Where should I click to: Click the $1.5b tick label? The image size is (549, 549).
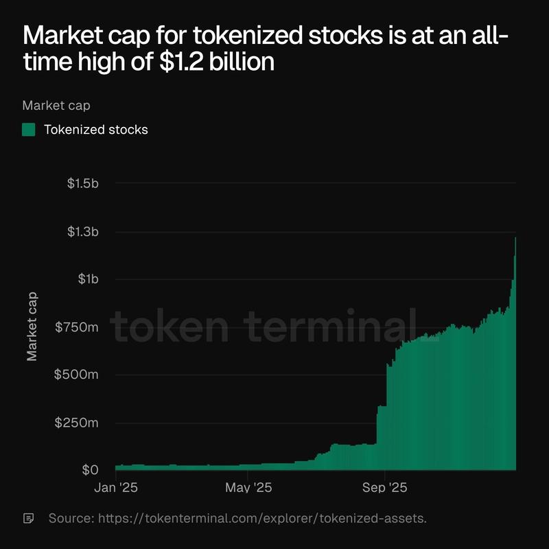point(83,183)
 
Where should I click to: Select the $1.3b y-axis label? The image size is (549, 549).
point(83,231)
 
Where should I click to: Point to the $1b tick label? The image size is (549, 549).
point(88,279)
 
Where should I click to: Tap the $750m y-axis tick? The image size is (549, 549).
point(78,327)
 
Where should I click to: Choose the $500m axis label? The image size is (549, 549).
point(78,375)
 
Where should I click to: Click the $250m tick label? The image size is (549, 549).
point(78,423)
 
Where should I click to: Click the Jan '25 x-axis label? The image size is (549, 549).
point(116,488)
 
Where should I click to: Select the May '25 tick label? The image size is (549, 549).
point(248,488)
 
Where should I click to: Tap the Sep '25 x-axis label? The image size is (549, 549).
point(385,488)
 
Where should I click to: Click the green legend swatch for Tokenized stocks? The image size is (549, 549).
point(29,130)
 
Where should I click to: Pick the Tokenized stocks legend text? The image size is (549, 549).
point(96,130)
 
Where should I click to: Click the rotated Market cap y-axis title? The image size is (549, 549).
point(32,327)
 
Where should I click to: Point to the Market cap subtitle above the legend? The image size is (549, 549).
point(56,106)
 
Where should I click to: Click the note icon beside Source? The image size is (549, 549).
point(29,517)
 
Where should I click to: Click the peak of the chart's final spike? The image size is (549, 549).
point(515,237)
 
